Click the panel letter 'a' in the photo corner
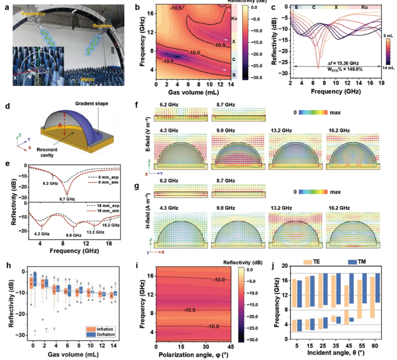coord(5,5)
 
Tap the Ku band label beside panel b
coord(234,19)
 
